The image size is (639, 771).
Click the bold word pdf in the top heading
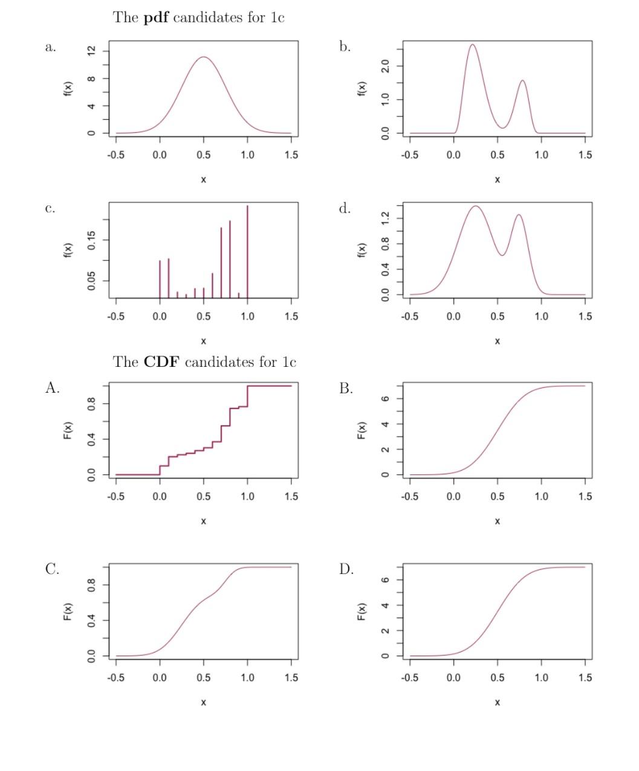coord(156,18)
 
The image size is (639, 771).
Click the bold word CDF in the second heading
coord(161,362)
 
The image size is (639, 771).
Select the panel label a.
coord(50,47)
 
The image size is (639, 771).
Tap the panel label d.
coord(345,209)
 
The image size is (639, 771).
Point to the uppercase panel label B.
coord(346,389)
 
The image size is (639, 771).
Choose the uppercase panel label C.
coord(52,569)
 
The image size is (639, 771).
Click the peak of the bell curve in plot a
coord(204,57)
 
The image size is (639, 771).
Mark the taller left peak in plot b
coord(472,45)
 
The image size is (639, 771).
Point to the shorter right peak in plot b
coord(522,80)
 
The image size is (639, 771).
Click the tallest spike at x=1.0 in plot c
coord(247,207)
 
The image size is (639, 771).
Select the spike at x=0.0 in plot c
coord(160,262)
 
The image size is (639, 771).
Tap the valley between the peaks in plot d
coord(502,255)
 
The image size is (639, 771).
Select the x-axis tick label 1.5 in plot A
coord(291,497)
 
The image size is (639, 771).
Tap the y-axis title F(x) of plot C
coord(68,613)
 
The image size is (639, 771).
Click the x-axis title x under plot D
coord(497,702)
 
